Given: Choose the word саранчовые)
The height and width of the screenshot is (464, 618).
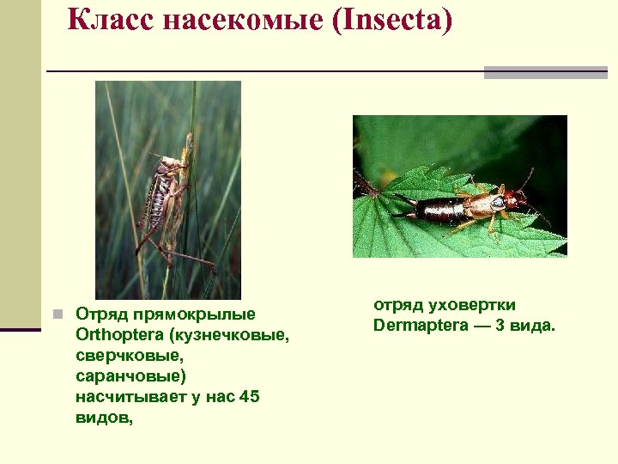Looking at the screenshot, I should (x=130, y=376).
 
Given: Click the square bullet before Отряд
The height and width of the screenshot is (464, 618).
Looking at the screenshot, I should (x=58, y=315).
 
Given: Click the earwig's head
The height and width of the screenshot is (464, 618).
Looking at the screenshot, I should (x=515, y=200).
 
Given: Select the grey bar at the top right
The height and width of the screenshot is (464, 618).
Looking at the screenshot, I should (x=545, y=73).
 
